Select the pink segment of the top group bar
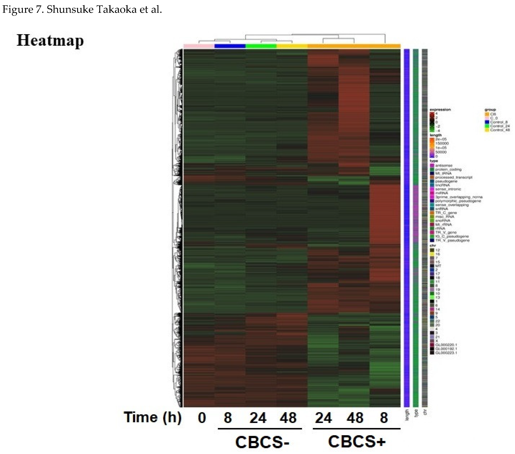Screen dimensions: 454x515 click(199, 46)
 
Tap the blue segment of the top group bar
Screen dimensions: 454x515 click(230, 46)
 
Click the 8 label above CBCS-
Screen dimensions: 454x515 click(228, 418)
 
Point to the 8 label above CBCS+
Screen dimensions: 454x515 click(384, 418)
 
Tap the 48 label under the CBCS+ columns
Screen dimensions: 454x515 click(355, 418)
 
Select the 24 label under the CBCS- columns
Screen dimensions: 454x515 click(258, 418)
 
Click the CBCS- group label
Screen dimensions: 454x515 click(262, 442)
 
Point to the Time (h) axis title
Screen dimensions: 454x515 click(152, 417)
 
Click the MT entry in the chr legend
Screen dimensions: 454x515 click(438, 266)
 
